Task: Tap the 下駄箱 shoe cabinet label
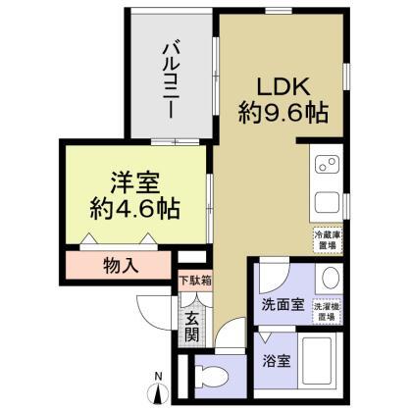[x=194, y=280]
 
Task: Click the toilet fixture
[x=212, y=374]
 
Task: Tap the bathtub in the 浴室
[x=319, y=362]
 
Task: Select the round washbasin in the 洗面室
[x=331, y=278]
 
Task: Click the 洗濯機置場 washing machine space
[x=327, y=310]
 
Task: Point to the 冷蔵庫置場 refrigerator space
[x=327, y=238]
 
